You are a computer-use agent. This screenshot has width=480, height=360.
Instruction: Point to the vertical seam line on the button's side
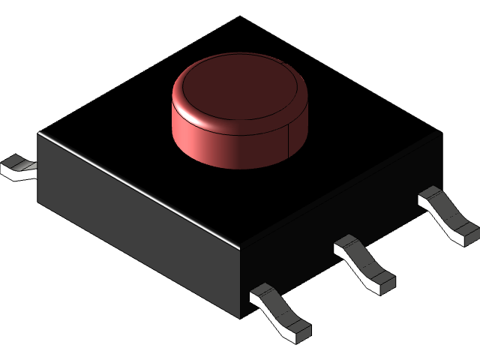point(289,142)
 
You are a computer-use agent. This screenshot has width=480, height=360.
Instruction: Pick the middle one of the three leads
point(364,262)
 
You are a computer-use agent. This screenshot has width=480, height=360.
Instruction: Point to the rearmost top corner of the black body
point(240,16)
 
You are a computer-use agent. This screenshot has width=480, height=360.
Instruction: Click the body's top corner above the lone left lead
point(39,133)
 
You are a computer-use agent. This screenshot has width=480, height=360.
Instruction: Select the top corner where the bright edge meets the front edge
point(240,245)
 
